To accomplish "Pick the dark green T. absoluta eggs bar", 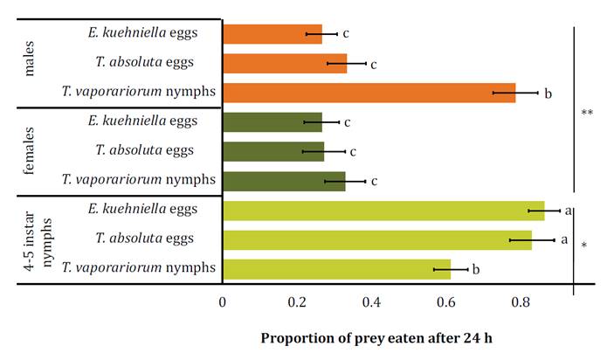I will pyautogui.click(x=273, y=151).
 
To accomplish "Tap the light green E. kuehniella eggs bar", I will pyautogui.click(x=383, y=211).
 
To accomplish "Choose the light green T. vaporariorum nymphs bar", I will pyautogui.click(x=336, y=269).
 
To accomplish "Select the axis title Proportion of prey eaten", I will pyautogui.click(x=378, y=337).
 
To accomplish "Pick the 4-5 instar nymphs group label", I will pyautogui.click(x=38, y=239).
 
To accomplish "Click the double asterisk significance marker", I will pyautogui.click(x=587, y=114).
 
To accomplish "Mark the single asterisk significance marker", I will pyautogui.click(x=583, y=246).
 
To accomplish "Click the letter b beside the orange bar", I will pyautogui.click(x=548, y=93).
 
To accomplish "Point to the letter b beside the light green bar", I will pyautogui.click(x=476, y=270).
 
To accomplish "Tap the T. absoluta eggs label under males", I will pyautogui.click(x=145, y=62).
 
